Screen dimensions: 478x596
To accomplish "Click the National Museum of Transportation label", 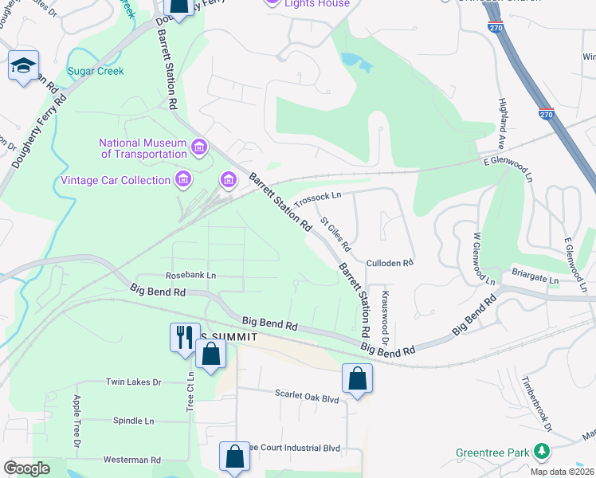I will pos(143,148).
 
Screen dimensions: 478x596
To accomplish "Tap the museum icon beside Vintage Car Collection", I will pos(183,179).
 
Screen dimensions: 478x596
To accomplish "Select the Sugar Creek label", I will pos(96,72).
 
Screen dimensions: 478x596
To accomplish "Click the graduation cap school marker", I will pos(23,66).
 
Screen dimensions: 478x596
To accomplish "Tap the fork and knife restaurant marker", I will pos(184,335).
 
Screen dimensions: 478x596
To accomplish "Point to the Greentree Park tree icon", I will pos(542,452).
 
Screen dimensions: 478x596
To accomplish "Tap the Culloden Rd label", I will pos(390,262).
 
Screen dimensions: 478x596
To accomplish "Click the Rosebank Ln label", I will pos(190,275).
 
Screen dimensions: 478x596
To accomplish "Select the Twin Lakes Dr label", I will pos(134,382).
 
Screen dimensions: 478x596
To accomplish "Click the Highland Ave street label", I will pos(503,116).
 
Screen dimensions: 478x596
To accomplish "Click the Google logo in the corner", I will pos(26,468).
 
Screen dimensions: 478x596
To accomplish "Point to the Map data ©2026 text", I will pos(562,472).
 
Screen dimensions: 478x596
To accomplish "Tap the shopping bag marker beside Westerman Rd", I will pos(234,457).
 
